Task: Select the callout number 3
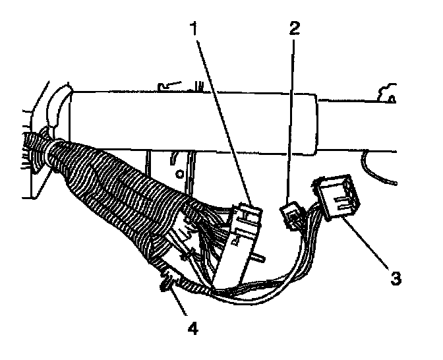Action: (394, 277)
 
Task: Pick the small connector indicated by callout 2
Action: (290, 215)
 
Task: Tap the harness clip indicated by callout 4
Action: (165, 285)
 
